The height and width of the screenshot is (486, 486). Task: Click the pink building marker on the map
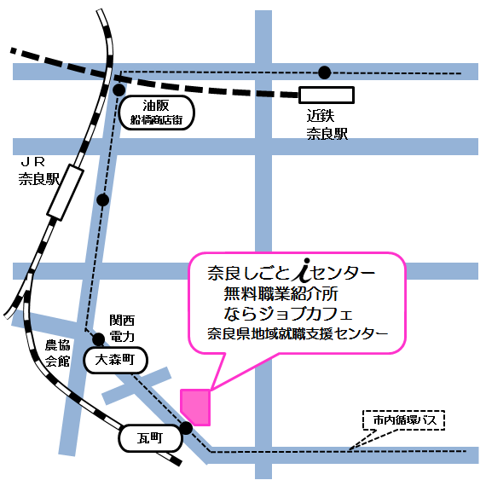pos(196,406)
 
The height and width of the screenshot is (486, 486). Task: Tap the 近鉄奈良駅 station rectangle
pos(326,95)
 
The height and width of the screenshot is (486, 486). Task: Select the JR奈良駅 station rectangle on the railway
pos(66,194)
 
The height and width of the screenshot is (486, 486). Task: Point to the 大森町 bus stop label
pos(116,361)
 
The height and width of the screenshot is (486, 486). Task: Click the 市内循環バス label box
pos(403,420)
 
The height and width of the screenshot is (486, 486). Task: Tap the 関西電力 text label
pos(122,328)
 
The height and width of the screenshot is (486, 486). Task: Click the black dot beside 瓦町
pos(185,428)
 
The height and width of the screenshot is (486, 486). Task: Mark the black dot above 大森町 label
pos(99,338)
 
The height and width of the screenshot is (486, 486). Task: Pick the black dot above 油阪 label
pos(119,88)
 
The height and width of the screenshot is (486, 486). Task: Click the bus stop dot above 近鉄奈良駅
pos(324,72)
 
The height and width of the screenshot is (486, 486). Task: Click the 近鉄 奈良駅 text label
pos(327,124)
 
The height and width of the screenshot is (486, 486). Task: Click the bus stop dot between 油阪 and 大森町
pos(103,200)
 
